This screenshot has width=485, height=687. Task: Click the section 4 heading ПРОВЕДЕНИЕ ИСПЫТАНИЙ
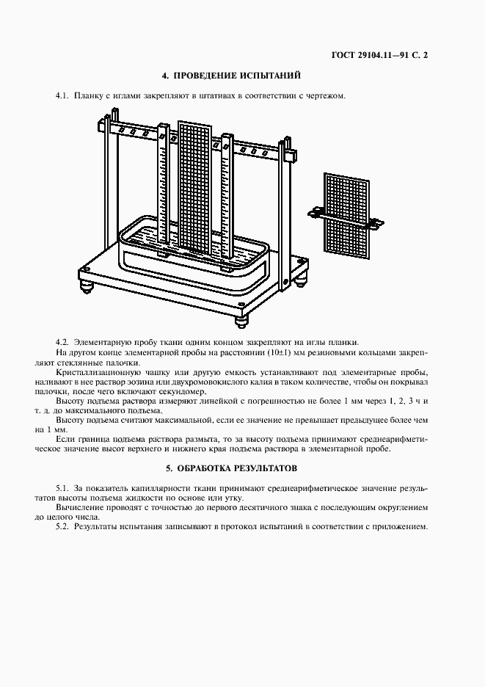point(231,76)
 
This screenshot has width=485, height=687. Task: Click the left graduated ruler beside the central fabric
point(164,183)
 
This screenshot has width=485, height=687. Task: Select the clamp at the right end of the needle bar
point(288,156)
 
